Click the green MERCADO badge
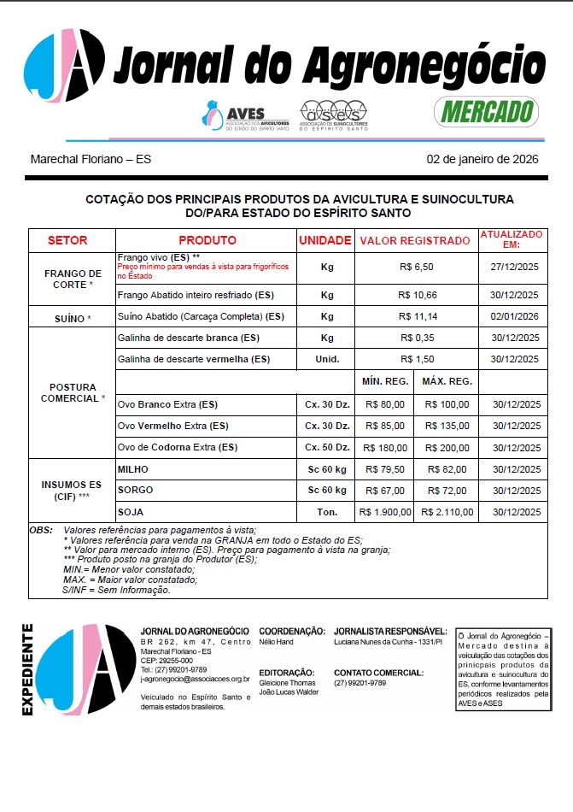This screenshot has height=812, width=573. (485, 110)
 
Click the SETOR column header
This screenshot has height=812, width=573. (67, 240)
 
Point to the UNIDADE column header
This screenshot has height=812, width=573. (325, 240)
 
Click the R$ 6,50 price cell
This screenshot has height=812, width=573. (416, 268)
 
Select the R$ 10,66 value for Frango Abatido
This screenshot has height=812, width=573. (416, 295)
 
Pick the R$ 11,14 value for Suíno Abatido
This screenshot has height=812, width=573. (416, 316)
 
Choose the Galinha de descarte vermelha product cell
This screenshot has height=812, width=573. (193, 359)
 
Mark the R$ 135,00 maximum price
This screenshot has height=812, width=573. (446, 426)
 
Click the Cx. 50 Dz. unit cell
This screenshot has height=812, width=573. (326, 447)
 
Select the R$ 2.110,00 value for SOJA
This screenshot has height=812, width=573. (446, 512)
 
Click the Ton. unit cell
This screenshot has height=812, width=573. (326, 512)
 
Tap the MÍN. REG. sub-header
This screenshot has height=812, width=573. (386, 381)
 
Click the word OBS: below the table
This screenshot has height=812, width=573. (41, 531)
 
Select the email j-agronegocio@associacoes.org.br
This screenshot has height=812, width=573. (195, 679)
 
